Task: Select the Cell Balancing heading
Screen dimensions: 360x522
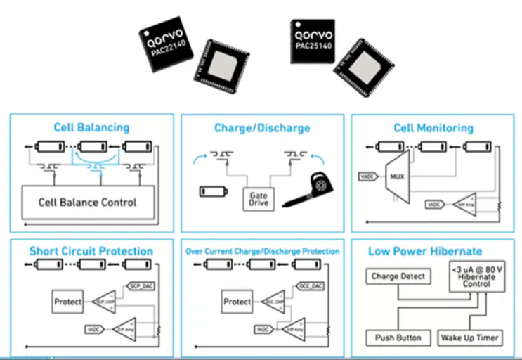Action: (91, 127)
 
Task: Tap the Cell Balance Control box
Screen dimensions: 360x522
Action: (88, 202)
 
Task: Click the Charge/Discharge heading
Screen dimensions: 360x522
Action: (262, 128)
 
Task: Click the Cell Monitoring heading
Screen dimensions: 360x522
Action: (433, 128)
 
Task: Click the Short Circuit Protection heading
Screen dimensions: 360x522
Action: (91, 251)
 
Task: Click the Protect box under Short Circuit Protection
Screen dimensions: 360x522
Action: (68, 302)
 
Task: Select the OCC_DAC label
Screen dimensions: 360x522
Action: (311, 286)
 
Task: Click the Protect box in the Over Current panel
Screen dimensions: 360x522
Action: (237, 302)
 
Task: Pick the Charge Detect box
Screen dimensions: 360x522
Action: (398, 276)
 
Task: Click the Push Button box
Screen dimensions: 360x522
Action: (398, 337)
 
